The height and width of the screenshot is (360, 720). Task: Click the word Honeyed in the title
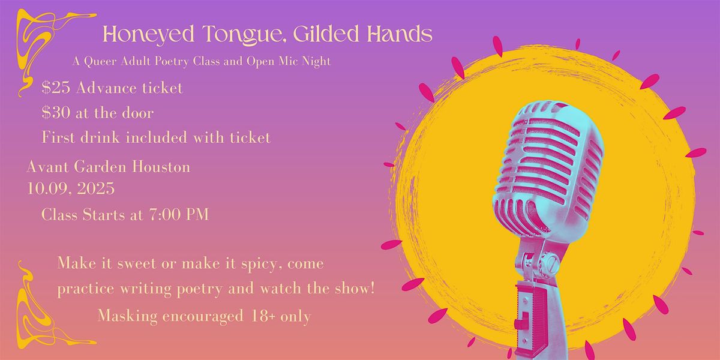coord(149,34)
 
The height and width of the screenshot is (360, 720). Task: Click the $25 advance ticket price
coord(56,88)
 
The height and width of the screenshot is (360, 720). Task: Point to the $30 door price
coord(56,113)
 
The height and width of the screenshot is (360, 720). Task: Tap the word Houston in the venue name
coord(161,167)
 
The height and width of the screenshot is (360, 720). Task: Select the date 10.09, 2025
coord(71,188)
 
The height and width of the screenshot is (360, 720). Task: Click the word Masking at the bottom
coord(128,317)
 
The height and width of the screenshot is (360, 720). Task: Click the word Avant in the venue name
coord(48,167)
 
